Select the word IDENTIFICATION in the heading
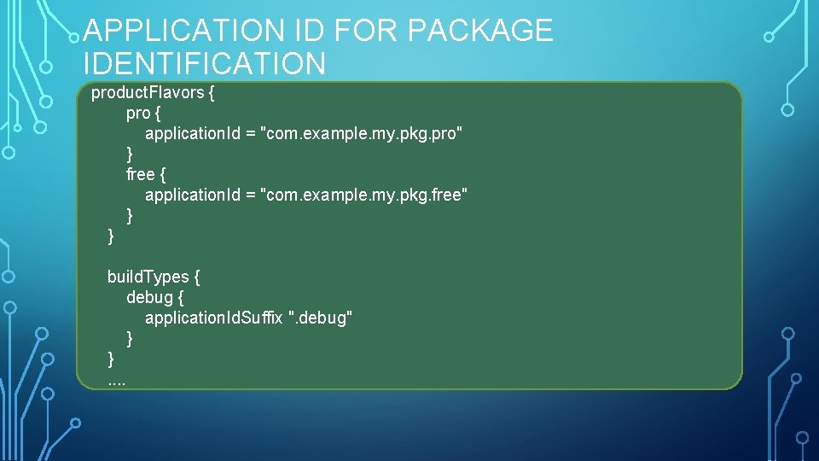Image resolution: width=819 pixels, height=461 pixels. [205, 63]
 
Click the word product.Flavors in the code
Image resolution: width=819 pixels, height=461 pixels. [148, 93]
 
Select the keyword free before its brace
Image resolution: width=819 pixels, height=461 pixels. [140, 175]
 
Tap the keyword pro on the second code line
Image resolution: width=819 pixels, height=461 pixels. [137, 114]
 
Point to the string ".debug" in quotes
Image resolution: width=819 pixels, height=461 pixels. [320, 318]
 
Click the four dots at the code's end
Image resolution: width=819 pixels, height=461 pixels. [117, 380]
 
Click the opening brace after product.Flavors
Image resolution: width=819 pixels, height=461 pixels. [211, 93]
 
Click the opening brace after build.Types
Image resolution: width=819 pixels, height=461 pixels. [197, 277]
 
